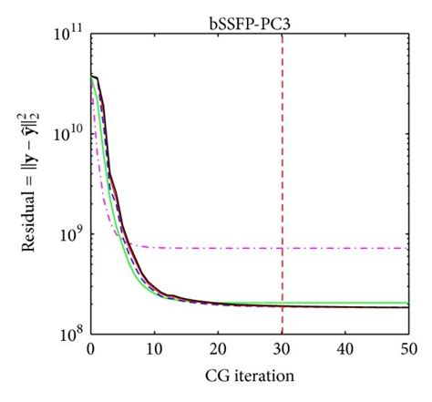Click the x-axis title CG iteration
(x=250, y=375)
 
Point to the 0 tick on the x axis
(x=90, y=349)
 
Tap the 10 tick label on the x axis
(x=154, y=349)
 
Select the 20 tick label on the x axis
(x=218, y=349)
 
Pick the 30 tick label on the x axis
(x=282, y=349)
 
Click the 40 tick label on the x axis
(x=345, y=349)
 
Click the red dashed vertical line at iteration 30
(x=282, y=109)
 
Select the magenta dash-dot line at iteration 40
(x=345, y=248)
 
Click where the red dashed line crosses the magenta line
(x=282, y=248)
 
